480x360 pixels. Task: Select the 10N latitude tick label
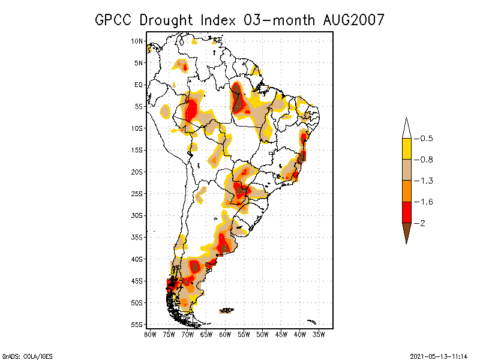137,41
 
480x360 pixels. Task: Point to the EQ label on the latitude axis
139,85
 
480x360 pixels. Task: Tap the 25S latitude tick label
137,193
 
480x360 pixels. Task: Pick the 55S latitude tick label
137,324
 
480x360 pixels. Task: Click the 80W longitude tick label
150,334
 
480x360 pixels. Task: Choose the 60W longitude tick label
225,334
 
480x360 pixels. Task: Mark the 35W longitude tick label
319,334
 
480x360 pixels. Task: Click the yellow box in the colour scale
406,149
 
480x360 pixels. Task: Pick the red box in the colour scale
406,212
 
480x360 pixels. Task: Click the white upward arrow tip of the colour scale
406,127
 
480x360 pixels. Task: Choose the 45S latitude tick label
137,281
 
